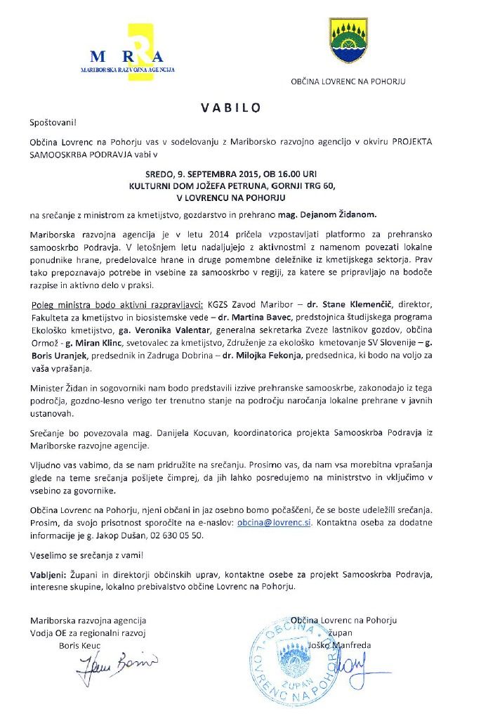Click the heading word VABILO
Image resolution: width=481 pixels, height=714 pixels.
click(231, 108)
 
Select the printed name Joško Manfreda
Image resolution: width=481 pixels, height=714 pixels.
click(348, 645)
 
